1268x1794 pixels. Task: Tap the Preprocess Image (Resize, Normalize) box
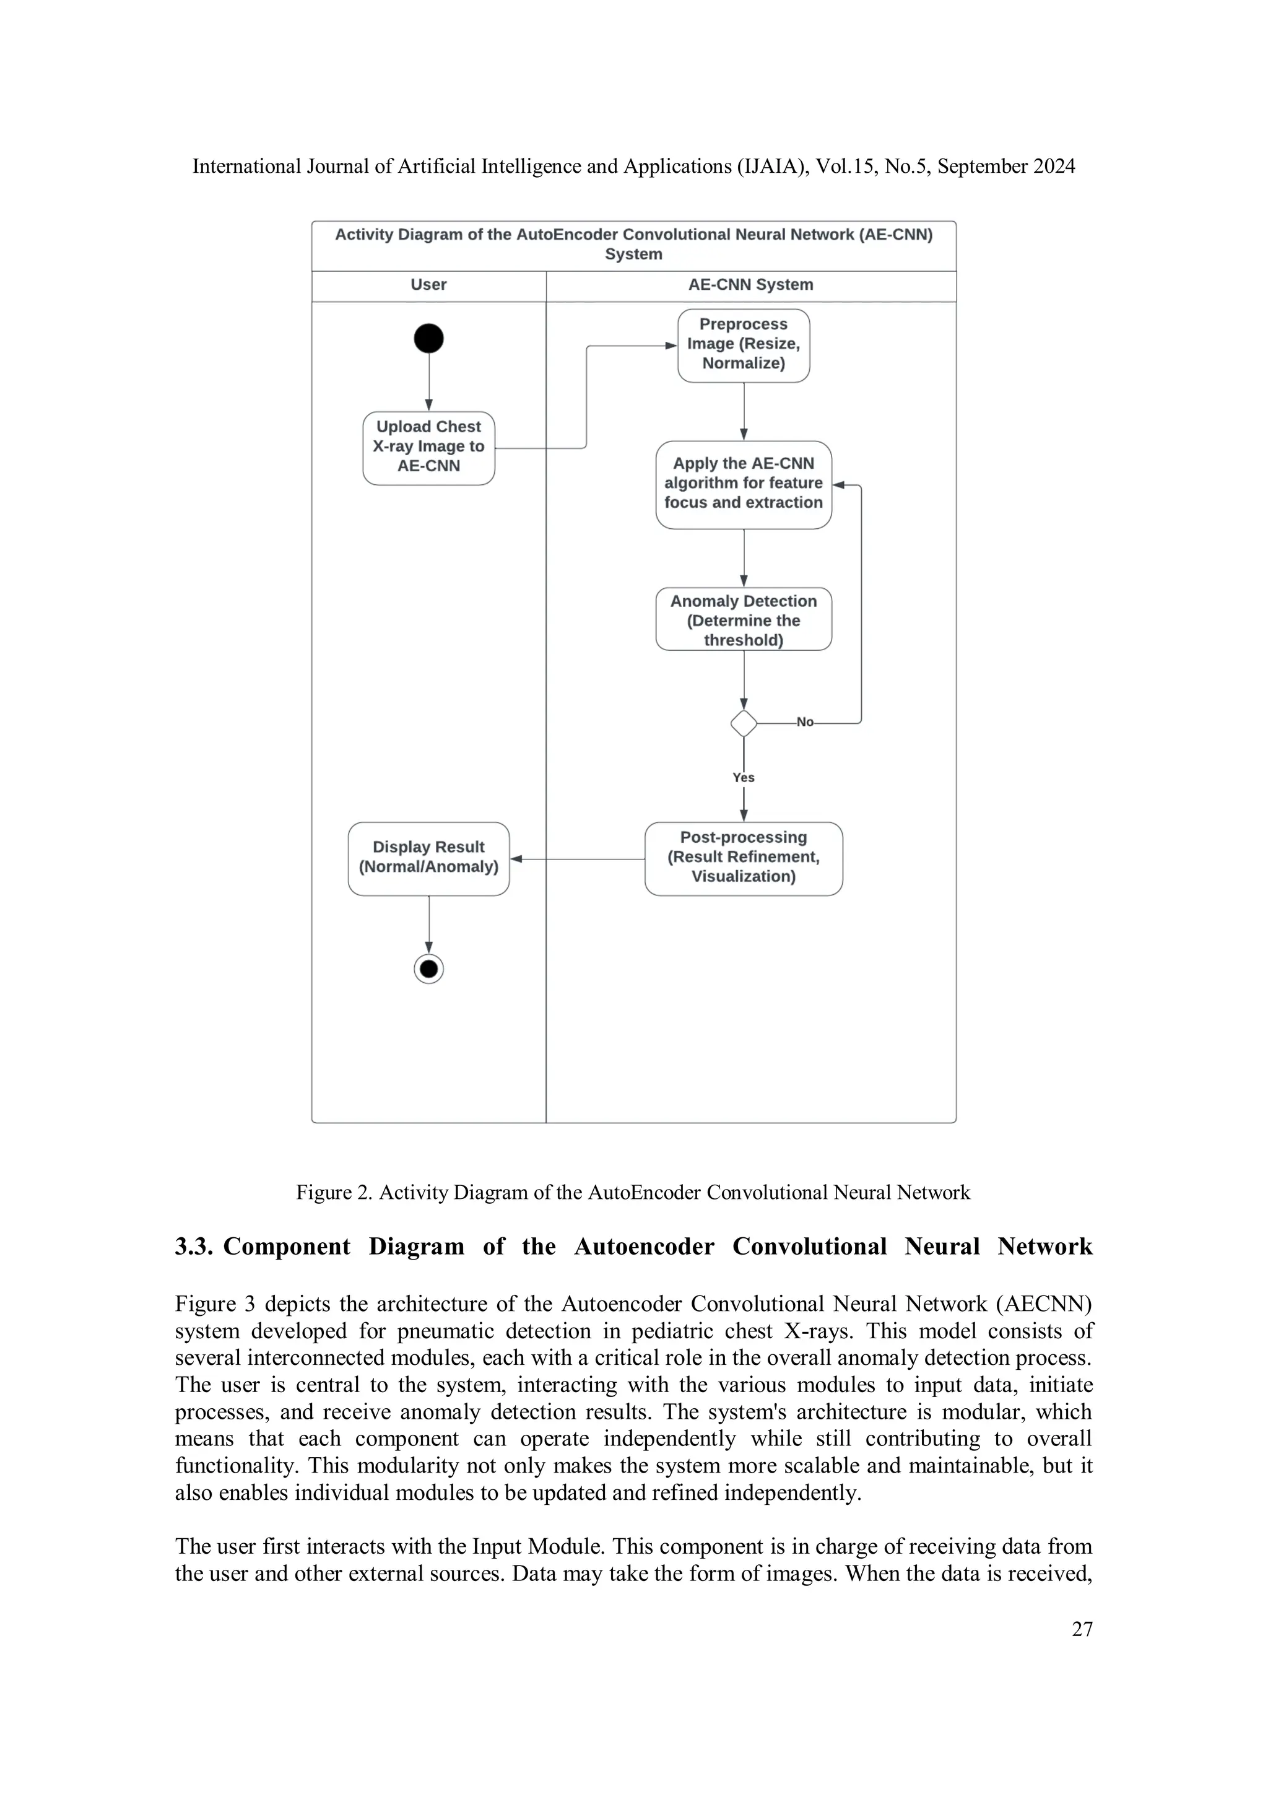[x=743, y=344]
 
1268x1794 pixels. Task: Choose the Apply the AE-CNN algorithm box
[x=743, y=484]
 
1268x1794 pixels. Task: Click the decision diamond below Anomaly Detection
[x=743, y=723]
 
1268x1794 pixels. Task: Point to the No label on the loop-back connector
[x=805, y=723]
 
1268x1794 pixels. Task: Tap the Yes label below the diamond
[x=743, y=777]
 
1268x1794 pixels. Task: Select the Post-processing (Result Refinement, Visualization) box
[x=743, y=858]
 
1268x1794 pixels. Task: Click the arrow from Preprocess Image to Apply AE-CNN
[x=744, y=411]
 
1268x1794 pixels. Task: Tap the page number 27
[x=1081, y=1629]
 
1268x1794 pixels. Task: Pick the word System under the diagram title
[x=633, y=254]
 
